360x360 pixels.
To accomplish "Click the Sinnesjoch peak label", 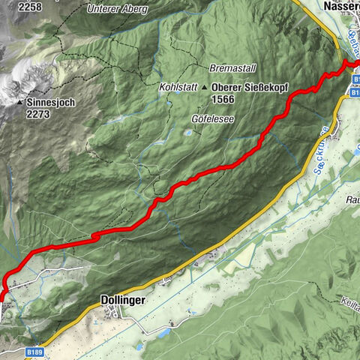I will tap(51, 102).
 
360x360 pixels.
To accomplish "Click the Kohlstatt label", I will tap(178, 87).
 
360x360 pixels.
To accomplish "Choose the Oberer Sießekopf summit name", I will tap(252, 87).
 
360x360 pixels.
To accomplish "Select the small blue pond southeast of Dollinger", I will tap(162, 331).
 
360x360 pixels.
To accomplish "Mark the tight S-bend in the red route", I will tap(95, 235).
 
